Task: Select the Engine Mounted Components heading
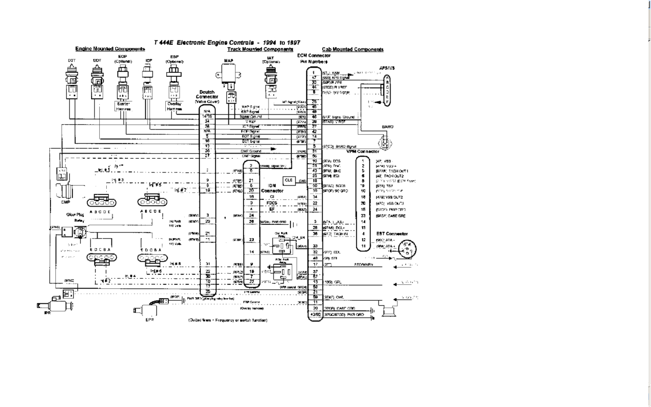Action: [110, 49]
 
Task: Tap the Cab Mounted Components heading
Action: [352, 49]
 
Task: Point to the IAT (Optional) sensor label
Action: [271, 60]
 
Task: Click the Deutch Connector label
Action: [207, 96]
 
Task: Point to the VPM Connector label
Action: [363, 152]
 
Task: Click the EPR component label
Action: [150, 319]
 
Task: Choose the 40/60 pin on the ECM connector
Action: [315, 314]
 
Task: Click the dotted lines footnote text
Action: [228, 320]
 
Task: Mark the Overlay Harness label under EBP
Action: [174, 105]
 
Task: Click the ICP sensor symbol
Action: [149, 76]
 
